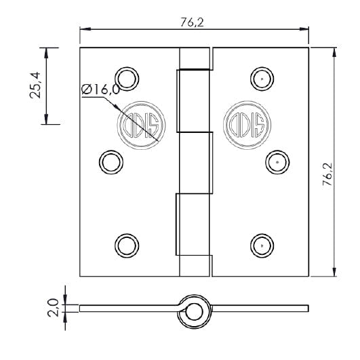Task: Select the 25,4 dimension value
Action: coord(37,86)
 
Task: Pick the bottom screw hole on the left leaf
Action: coord(126,245)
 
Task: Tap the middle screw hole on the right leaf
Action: coord(276,161)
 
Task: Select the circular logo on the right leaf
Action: coord(247,124)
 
